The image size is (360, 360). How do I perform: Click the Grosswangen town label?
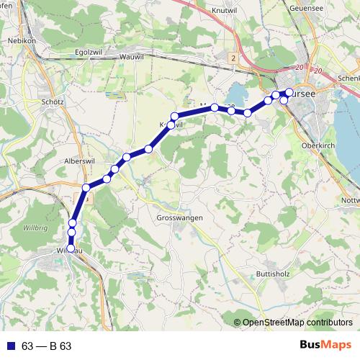[179, 217]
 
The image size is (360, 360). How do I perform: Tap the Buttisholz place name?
[274, 274]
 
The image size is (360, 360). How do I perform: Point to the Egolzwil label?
[90, 52]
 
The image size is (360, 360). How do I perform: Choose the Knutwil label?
[225, 11]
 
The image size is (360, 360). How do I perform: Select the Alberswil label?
[79, 161]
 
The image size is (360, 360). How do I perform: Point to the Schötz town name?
[53, 102]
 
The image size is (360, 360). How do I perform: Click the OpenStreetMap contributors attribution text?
[297, 322]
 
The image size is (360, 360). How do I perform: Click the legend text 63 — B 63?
[47, 346]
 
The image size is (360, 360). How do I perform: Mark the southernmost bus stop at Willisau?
[71, 248]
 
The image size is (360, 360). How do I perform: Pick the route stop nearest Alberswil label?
[86, 188]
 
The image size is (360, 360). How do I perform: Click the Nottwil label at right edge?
[350, 200]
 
